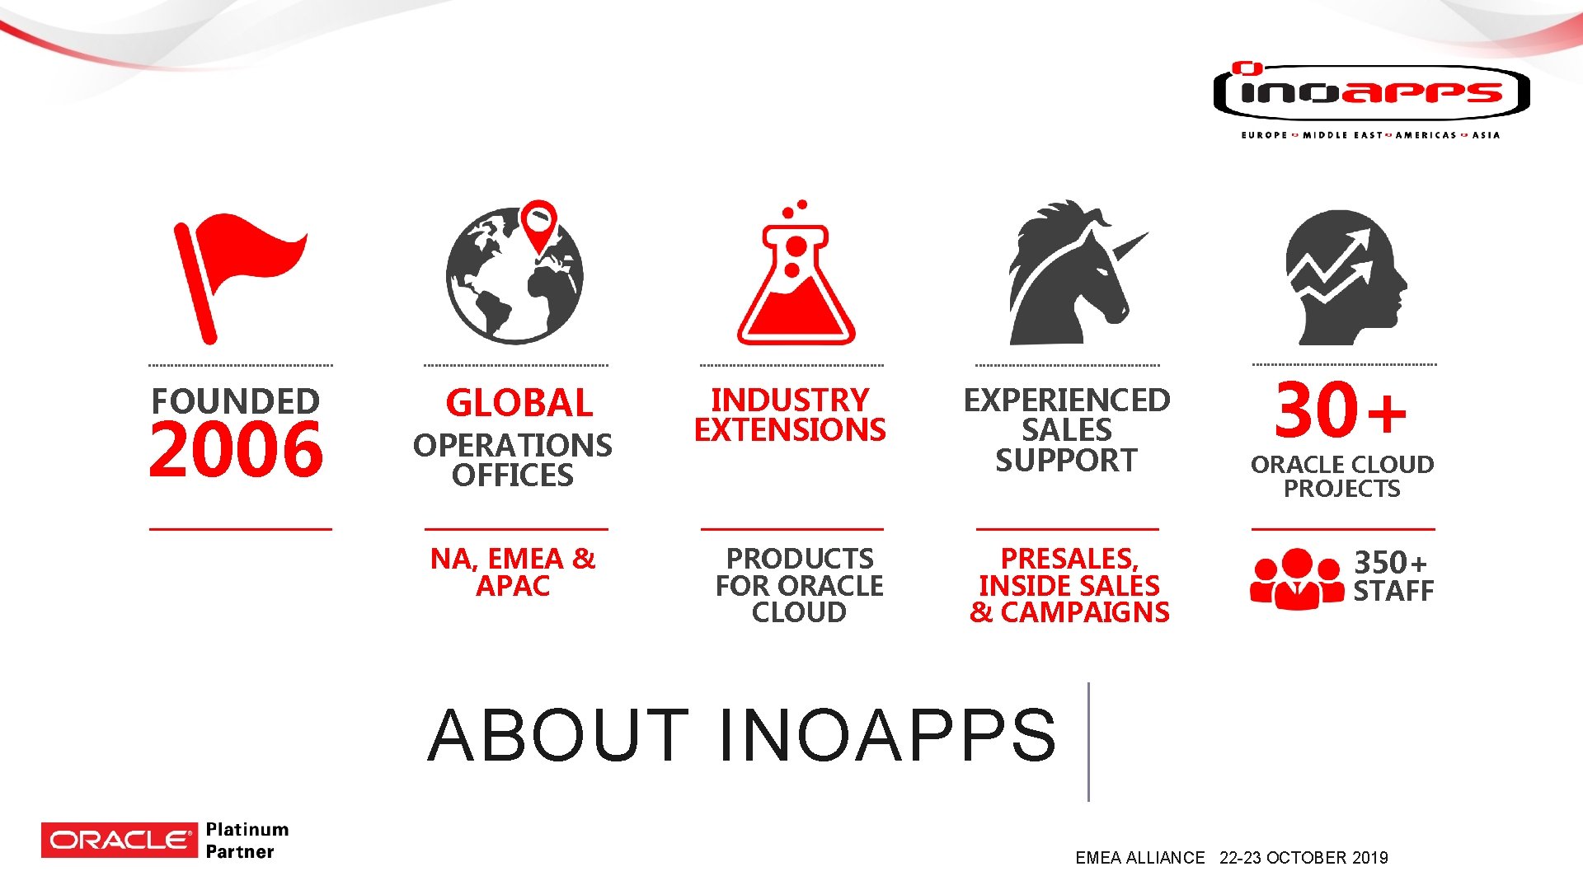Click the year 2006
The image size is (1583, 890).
click(237, 450)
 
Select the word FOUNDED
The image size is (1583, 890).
click(236, 401)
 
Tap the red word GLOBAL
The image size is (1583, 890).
click(519, 404)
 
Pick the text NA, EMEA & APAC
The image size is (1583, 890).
click(513, 572)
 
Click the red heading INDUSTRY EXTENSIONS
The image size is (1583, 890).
click(790, 415)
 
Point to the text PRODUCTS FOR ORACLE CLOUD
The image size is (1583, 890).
click(799, 585)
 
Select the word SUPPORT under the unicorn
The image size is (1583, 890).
click(1066, 461)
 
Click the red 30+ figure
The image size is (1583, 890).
click(1340, 410)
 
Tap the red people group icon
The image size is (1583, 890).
click(1297, 579)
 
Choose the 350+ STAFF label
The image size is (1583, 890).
click(1393, 577)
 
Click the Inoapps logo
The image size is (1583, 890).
click(1371, 95)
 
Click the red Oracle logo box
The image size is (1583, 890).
click(120, 840)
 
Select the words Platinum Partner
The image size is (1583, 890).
click(247, 841)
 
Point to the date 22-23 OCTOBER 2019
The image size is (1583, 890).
click(1304, 858)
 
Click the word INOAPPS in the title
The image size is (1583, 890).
click(887, 735)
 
